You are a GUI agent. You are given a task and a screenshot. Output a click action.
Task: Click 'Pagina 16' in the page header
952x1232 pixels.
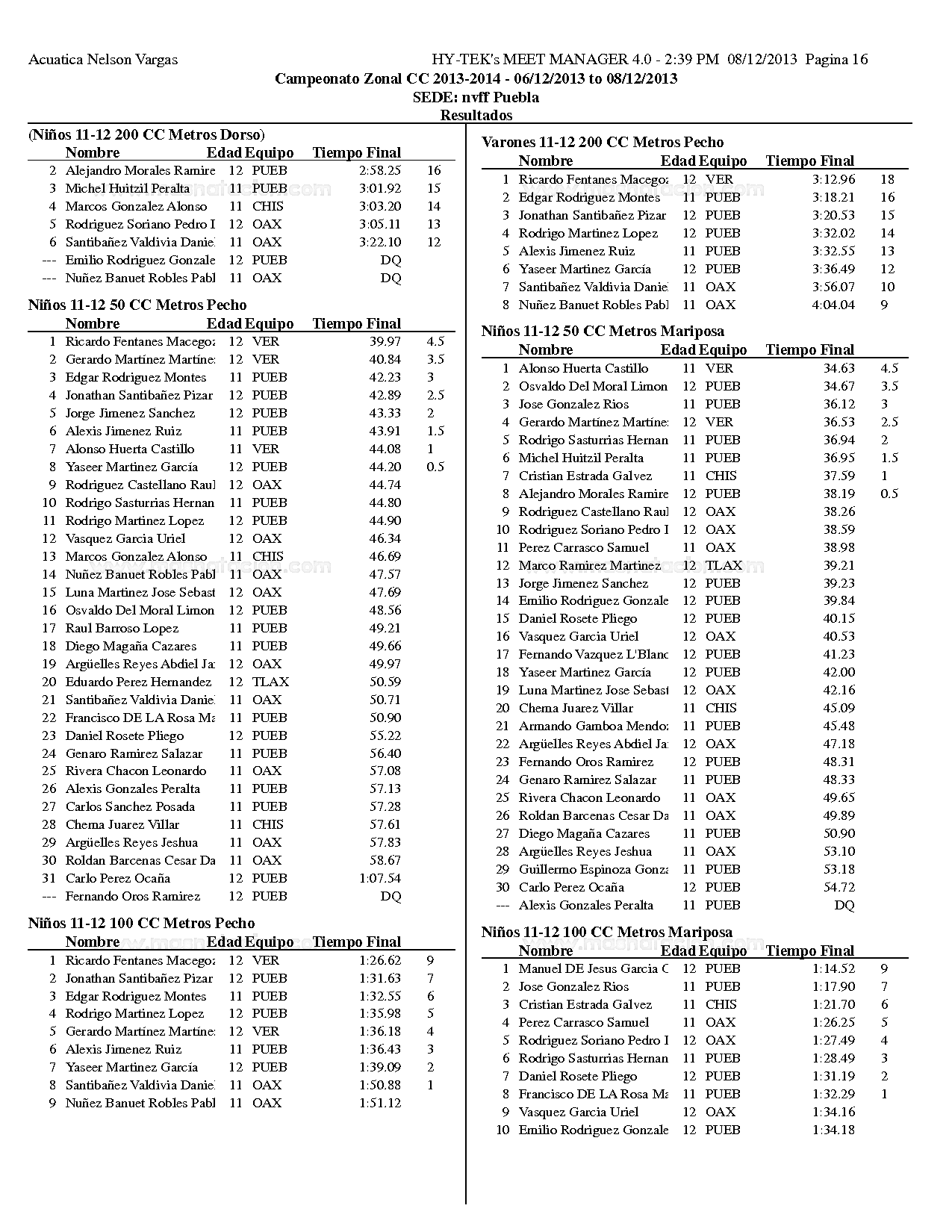(x=836, y=60)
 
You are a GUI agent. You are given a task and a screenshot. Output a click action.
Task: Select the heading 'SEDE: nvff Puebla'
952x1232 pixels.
(x=476, y=97)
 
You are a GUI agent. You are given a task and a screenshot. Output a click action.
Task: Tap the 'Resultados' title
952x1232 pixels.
(x=476, y=115)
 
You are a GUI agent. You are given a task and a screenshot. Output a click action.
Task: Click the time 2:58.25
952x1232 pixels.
(x=379, y=170)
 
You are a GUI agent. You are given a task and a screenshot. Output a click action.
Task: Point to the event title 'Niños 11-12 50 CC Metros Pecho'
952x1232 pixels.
(x=137, y=305)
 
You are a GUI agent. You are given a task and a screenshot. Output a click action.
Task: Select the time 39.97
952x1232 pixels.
(x=385, y=341)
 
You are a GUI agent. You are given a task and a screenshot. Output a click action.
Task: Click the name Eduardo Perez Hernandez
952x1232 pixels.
(x=138, y=682)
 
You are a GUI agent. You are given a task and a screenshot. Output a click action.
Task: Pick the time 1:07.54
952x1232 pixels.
(x=379, y=878)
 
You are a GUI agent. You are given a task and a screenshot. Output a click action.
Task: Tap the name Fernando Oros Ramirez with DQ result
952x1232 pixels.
(x=133, y=896)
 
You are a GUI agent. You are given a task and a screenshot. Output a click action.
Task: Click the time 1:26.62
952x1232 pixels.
(x=379, y=960)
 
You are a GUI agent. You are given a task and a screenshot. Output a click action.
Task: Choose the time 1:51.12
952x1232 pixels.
(x=379, y=1103)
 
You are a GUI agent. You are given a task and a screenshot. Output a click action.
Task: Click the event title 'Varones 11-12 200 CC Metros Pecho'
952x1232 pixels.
(x=603, y=142)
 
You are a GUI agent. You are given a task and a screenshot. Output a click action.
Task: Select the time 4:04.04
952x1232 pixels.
(x=833, y=305)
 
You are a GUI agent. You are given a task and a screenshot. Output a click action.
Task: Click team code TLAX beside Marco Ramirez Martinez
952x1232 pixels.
(x=724, y=565)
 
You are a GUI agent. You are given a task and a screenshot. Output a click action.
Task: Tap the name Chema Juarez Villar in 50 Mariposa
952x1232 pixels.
(x=576, y=708)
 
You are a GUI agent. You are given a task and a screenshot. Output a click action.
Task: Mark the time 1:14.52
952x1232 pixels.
(x=833, y=968)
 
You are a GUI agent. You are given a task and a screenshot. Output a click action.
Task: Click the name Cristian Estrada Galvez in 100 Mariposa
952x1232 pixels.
(x=585, y=1004)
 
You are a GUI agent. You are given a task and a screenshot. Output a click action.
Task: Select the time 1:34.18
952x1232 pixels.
(x=833, y=1130)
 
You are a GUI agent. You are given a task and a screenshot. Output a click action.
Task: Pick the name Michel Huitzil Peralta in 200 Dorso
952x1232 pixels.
(x=128, y=188)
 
